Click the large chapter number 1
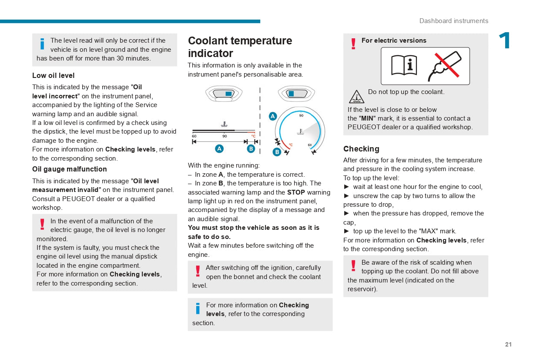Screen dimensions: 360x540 tap(505, 41)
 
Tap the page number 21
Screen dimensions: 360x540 tap(508, 344)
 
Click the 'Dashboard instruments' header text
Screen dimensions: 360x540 tap(453, 21)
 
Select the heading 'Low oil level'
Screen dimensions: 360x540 tap(53, 75)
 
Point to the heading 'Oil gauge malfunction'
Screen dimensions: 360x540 tap(69, 169)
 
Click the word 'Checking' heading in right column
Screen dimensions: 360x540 tap(361, 149)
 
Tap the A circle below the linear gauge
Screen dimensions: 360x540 tap(219, 148)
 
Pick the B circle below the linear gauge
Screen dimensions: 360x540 tap(251, 148)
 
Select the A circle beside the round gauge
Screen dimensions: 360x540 tap(273, 116)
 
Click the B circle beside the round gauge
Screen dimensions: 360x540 tap(277, 152)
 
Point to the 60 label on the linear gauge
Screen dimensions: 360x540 tap(194, 136)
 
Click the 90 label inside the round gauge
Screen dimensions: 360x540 tap(301, 116)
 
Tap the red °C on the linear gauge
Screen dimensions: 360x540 tap(253, 136)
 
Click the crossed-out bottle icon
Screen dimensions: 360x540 tap(445, 66)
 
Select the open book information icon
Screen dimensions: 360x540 tap(404, 66)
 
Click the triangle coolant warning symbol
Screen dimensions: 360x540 tap(356, 97)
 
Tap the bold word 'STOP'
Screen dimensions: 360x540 tap(296, 192)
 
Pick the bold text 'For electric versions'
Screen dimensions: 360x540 tap(394, 40)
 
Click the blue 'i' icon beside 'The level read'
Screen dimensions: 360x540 tap(42, 44)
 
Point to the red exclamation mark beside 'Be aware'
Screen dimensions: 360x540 tap(353, 266)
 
